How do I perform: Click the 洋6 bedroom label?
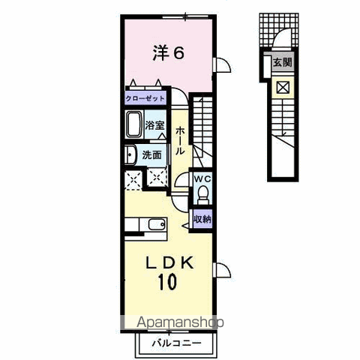(168, 53)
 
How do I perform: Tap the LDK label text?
(170, 263)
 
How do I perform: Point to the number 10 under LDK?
(167, 282)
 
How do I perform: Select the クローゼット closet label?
(145, 98)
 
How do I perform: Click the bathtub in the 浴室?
(134, 124)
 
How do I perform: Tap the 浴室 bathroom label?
(154, 125)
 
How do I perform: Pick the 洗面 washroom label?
(151, 155)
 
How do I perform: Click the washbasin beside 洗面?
(130, 155)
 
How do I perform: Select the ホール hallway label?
(180, 141)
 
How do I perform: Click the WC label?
(202, 179)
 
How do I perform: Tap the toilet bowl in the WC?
(202, 193)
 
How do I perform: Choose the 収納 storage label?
(202, 219)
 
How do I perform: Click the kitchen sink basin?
(157, 224)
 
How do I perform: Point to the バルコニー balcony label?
(176, 343)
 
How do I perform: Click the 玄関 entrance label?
(283, 62)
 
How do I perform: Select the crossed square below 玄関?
(283, 88)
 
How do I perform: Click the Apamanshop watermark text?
(180, 322)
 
